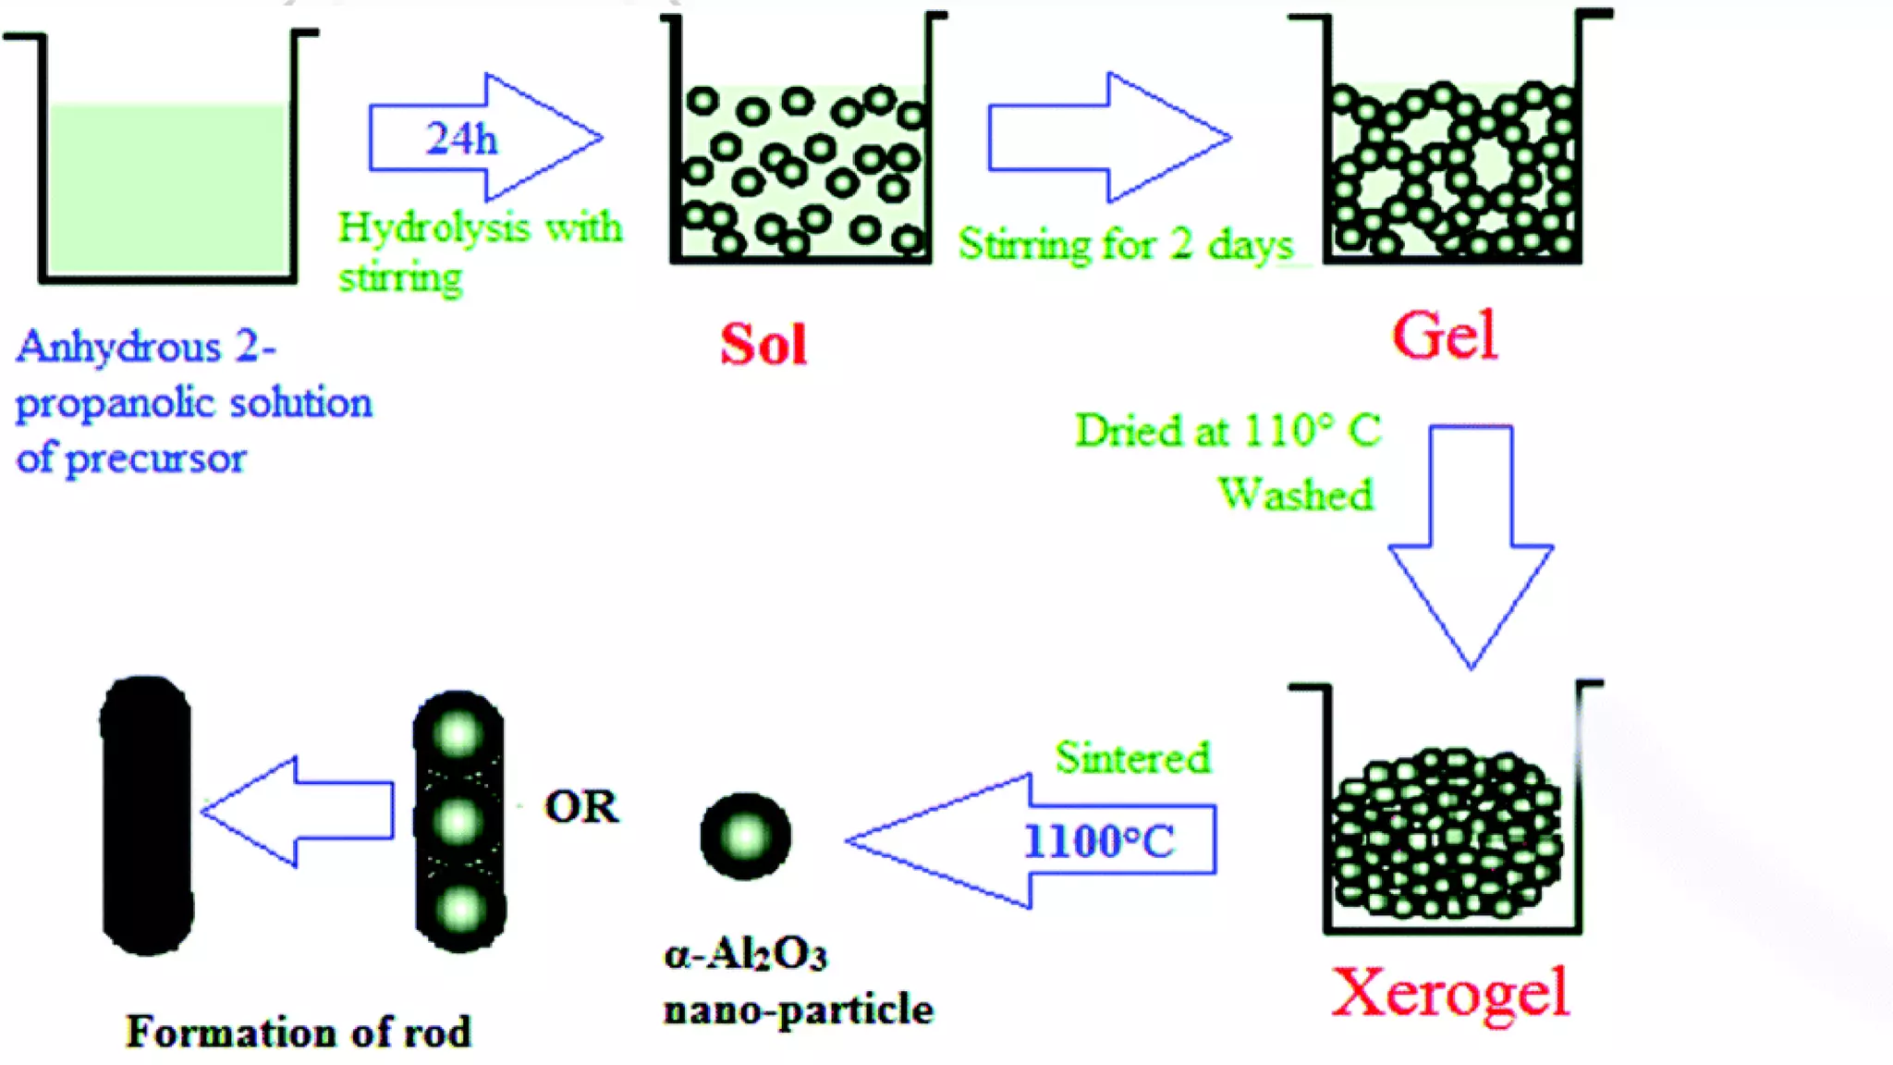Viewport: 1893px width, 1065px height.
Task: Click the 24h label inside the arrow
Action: tap(461, 139)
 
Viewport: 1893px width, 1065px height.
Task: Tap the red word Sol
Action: tap(763, 345)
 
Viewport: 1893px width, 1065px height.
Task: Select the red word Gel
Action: tap(1444, 335)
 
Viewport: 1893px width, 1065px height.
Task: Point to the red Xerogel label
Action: tap(1449, 992)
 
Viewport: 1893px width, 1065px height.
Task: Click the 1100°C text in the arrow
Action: tap(1099, 841)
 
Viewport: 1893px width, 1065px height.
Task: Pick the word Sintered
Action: tap(1132, 758)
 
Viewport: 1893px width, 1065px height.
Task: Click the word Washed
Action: tap(1296, 493)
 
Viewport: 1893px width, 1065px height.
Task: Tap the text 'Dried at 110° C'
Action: tap(1227, 431)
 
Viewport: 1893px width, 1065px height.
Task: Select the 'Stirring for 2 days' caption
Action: tap(1125, 245)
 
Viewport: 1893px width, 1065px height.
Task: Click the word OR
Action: tap(581, 807)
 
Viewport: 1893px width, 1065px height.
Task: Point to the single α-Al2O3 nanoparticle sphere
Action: tap(745, 836)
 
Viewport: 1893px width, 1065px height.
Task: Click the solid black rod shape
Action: tap(146, 815)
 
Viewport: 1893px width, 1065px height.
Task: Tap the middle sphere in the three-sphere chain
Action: tap(458, 820)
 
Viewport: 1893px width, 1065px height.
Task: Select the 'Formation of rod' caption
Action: tap(298, 1032)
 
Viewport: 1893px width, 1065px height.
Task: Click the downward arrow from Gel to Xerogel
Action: tap(1471, 545)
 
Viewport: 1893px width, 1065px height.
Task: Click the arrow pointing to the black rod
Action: tap(298, 811)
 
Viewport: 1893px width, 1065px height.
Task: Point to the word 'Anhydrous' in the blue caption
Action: tap(119, 348)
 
